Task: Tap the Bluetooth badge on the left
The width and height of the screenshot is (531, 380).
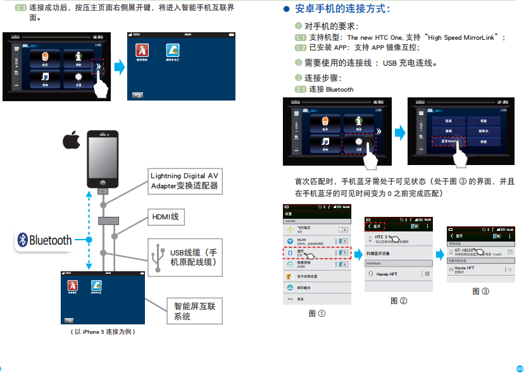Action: (44, 240)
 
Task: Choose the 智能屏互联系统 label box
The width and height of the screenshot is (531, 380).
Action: (194, 310)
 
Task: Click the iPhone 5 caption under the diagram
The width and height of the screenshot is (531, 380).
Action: (104, 331)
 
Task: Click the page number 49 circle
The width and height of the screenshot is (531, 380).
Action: (520, 369)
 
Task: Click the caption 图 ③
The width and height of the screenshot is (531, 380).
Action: (481, 291)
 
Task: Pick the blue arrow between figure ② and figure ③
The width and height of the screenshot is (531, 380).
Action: (438, 254)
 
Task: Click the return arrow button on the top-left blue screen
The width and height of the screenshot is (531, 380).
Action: (137, 95)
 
